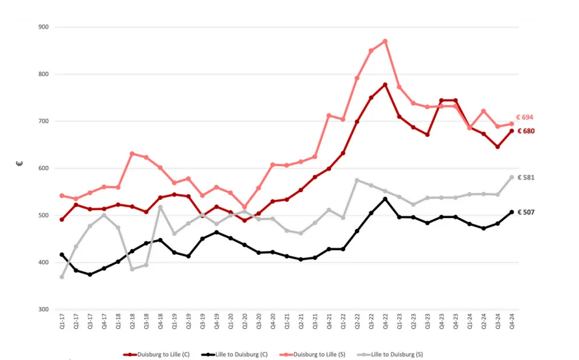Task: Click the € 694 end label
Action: [524, 117]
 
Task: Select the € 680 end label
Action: [524, 131]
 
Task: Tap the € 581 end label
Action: [524, 177]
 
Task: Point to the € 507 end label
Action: [524, 212]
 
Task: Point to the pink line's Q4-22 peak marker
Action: [386, 41]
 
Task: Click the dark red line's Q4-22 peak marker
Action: [386, 85]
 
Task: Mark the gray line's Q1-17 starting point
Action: [62, 277]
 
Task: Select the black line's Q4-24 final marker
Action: [512, 212]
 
